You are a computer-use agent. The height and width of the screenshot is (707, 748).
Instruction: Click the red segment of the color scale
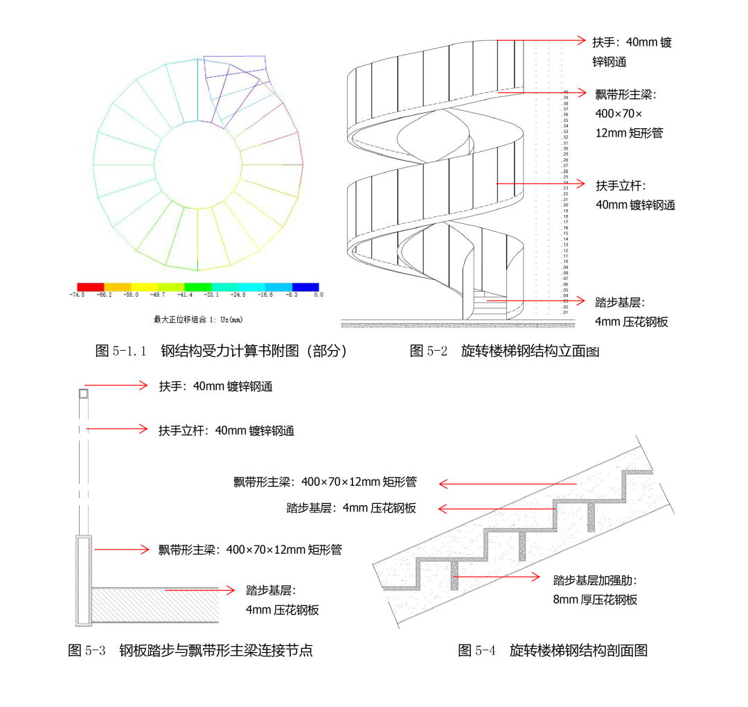point(91,286)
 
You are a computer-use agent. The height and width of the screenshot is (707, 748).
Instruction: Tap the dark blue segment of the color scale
point(305,286)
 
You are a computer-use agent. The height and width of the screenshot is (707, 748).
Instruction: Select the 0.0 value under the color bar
point(318,295)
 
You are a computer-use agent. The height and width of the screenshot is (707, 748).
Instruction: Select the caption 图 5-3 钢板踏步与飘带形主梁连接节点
point(190,650)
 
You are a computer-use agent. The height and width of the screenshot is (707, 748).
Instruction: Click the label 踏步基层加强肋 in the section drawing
point(594,580)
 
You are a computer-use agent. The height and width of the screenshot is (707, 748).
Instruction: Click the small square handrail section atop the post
point(82,394)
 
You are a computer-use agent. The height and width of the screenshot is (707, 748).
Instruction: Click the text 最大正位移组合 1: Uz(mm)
point(198,320)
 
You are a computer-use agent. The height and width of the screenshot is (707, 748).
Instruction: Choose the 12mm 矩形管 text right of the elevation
point(629,132)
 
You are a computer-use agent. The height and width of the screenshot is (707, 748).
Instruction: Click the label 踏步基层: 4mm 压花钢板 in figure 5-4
point(351,508)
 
